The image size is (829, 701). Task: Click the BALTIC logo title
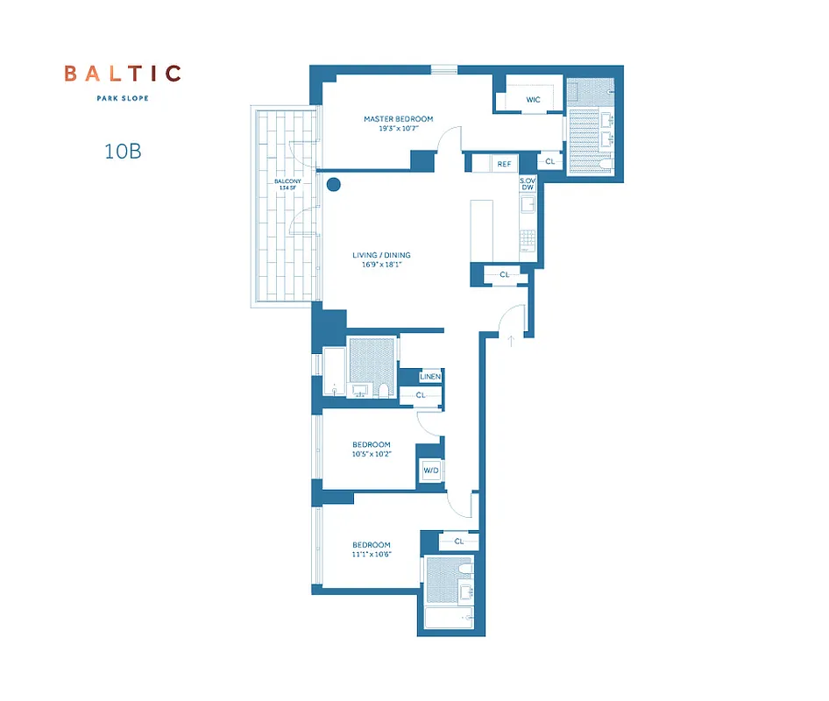123,74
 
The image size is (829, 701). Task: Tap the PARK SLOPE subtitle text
123,98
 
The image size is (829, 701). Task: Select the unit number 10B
123,151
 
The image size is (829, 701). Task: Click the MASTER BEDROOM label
399,119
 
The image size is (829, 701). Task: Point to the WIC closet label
533,100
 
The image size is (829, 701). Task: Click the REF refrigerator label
504,164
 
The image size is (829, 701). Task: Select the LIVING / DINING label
381,256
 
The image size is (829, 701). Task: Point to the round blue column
333,184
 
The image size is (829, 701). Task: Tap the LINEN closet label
429,377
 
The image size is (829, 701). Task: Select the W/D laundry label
430,471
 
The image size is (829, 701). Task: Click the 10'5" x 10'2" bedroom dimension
372,455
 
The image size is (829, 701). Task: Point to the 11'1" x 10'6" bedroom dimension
372,556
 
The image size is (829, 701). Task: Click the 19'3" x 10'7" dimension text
399,129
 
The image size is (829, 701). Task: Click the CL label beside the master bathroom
549,162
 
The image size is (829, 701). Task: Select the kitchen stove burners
528,239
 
